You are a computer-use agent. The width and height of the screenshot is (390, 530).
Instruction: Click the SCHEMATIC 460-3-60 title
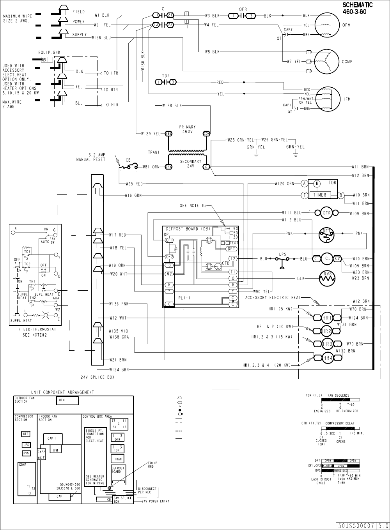(x=357, y=8)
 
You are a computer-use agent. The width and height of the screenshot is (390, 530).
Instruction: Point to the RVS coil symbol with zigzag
(x=327, y=278)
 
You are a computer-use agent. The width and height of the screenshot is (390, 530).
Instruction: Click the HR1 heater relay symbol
(x=327, y=318)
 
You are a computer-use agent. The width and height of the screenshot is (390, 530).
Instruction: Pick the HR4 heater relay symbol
(x=327, y=357)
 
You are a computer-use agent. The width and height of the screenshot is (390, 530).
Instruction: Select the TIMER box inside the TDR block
(x=319, y=195)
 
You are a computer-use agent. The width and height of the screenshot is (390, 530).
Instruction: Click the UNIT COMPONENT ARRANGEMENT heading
(x=62, y=392)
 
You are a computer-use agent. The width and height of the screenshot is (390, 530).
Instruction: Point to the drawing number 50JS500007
(x=354, y=526)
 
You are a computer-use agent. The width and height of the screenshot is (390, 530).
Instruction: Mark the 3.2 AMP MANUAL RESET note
(x=91, y=157)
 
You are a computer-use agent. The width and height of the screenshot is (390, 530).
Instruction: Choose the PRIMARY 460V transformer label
(x=188, y=129)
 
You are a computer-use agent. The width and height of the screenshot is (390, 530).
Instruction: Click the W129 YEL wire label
(x=151, y=134)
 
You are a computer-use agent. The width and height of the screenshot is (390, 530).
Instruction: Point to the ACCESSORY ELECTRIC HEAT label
(x=273, y=298)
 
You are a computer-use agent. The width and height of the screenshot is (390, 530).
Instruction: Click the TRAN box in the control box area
(x=118, y=459)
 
